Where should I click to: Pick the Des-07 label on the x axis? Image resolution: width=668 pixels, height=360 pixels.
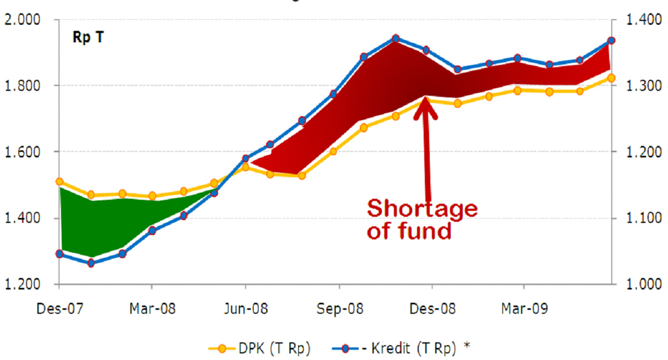point(59,309)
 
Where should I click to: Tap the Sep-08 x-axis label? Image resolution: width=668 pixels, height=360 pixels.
point(340,309)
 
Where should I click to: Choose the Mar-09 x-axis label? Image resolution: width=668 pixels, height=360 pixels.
point(524,309)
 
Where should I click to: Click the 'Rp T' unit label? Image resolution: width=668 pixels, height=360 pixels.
point(88,38)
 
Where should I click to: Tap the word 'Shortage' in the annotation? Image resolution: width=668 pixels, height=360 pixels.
point(422,209)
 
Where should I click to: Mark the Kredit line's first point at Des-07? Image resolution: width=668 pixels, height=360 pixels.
point(59,254)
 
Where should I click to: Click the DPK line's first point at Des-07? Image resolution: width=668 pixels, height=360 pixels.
point(59,182)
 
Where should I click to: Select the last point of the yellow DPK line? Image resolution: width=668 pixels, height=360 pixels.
point(611,78)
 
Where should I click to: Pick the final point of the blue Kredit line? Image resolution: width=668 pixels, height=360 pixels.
point(611,41)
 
